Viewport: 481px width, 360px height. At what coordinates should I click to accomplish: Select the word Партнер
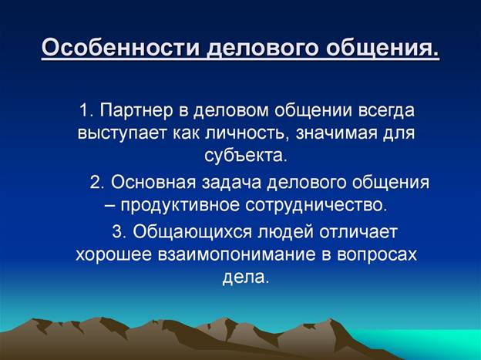coord(136,111)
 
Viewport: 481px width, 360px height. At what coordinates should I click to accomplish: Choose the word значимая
coord(336,133)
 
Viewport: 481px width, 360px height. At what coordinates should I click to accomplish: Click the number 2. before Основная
coord(97,182)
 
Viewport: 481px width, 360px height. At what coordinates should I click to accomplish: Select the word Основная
coord(153,182)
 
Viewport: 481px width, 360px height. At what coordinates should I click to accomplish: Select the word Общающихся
coord(193,232)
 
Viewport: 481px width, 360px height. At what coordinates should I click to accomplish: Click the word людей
coord(286,232)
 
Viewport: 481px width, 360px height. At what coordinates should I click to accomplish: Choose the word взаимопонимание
coord(237,255)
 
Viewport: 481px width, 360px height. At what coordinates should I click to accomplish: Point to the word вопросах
coord(377,255)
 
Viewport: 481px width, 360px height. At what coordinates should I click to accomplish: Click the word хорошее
coord(113,255)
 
